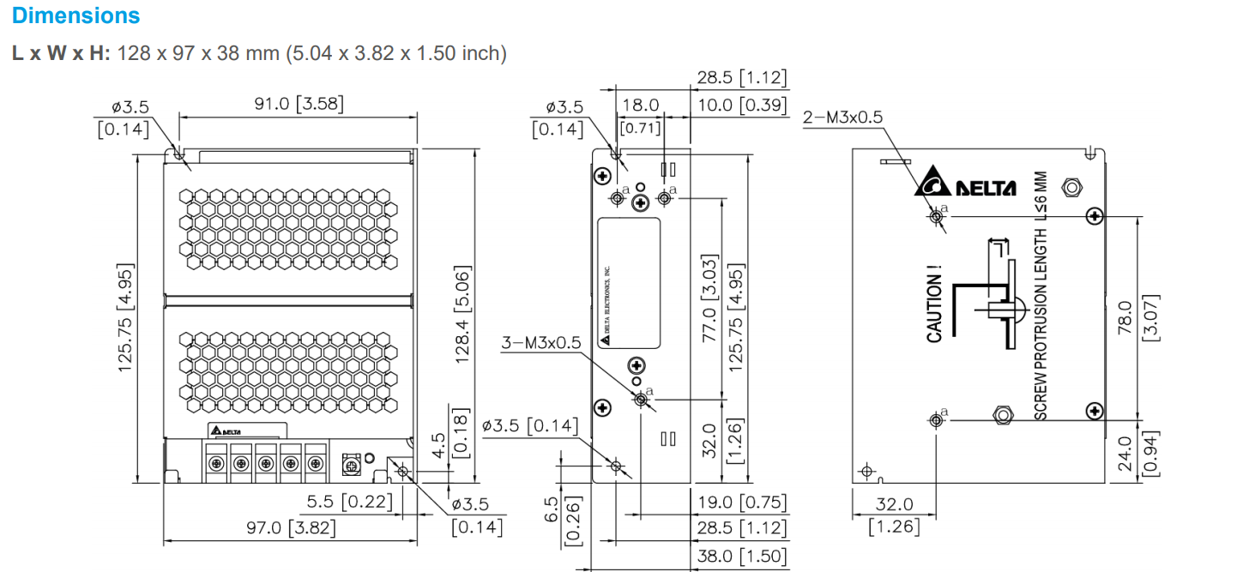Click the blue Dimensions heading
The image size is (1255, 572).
pyautogui.click(x=75, y=15)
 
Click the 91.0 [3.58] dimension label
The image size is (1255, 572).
pyautogui.click(x=298, y=104)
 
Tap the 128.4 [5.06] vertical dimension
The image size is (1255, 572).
pyautogui.click(x=462, y=313)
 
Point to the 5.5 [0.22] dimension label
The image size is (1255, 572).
pyautogui.click(x=349, y=501)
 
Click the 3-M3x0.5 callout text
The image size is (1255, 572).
pyautogui.click(x=540, y=343)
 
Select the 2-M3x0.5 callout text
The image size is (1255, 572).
pyautogui.click(x=842, y=117)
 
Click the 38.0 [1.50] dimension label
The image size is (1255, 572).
pyautogui.click(x=741, y=556)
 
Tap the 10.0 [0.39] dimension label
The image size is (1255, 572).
pyautogui.click(x=741, y=105)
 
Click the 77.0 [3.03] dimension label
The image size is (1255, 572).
pyautogui.click(x=709, y=298)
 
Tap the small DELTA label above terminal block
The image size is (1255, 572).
pyautogui.click(x=226, y=431)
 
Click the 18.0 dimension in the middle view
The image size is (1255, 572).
pyautogui.click(x=639, y=105)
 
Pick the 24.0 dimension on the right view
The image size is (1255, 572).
pyautogui.click(x=1126, y=454)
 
